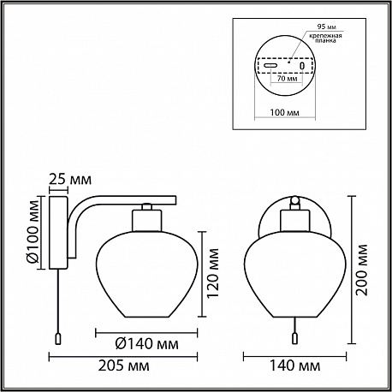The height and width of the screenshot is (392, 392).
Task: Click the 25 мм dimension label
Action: (70, 180)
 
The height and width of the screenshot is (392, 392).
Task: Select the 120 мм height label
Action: (213, 273)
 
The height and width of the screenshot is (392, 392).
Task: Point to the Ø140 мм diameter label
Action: (147, 344)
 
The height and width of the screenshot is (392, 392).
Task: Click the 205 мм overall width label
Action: (123, 365)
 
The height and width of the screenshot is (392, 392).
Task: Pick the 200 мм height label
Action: (361, 270)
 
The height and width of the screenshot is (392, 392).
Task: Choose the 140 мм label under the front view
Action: (295, 365)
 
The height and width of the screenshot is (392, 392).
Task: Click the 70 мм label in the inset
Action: (288, 79)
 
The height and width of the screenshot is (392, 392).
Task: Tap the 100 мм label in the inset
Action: (285, 112)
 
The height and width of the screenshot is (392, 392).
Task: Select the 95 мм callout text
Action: (327, 27)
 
